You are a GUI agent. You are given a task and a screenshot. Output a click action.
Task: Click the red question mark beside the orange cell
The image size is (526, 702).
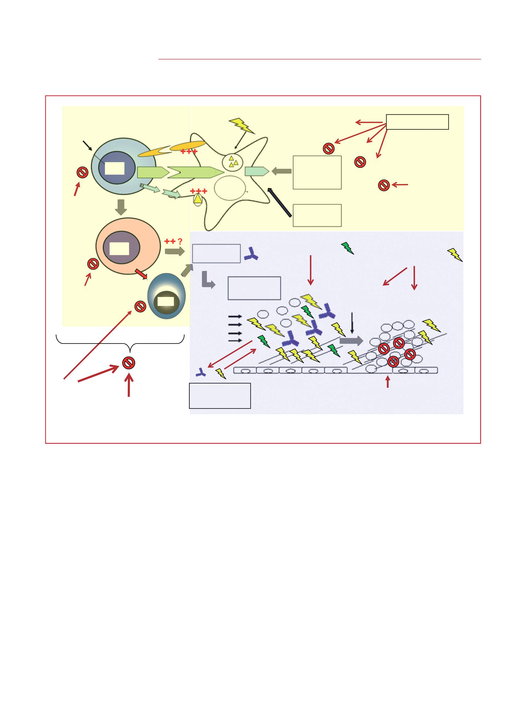(x=180, y=242)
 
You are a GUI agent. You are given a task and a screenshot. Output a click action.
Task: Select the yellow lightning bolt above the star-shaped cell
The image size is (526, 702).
(x=242, y=126)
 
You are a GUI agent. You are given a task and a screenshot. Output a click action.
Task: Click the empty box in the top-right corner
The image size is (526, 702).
(x=417, y=122)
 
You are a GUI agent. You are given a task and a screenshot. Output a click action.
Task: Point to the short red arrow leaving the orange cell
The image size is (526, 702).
(x=141, y=274)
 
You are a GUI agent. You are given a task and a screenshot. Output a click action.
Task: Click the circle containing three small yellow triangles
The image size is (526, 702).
(x=232, y=162)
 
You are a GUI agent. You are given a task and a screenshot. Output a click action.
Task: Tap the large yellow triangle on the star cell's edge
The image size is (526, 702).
(x=198, y=199)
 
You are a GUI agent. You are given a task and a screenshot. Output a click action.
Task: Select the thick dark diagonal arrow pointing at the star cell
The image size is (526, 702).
(x=279, y=203)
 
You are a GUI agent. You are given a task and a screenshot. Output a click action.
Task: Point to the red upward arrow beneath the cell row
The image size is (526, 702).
(x=388, y=381)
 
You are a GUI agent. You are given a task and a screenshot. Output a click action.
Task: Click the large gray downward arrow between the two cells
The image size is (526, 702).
(x=121, y=207)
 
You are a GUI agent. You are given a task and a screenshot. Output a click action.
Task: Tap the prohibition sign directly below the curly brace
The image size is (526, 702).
(x=129, y=363)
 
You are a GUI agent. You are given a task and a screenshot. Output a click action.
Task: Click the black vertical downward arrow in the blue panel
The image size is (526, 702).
(x=352, y=323)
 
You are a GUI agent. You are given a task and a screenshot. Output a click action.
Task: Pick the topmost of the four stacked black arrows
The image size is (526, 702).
(x=235, y=316)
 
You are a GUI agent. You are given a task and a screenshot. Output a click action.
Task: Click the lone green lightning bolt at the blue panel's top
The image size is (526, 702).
(x=347, y=248)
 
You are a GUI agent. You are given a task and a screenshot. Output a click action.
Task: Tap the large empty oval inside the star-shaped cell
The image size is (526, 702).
(x=230, y=188)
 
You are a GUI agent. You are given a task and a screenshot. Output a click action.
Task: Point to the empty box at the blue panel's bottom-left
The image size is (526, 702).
(x=220, y=396)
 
